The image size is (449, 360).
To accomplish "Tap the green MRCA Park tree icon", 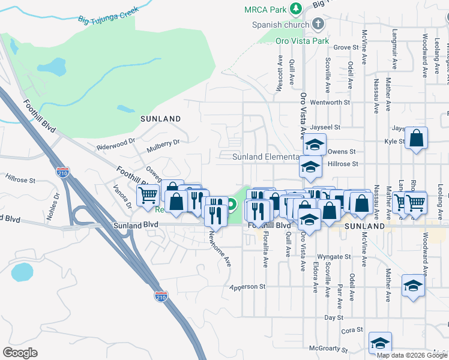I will click(x=295, y=9).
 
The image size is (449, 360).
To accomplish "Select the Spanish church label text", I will click(x=280, y=25).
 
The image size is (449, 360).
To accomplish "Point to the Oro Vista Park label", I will click(x=302, y=41).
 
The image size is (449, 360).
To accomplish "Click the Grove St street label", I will click(x=346, y=47).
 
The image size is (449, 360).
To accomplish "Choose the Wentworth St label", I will click(x=330, y=103).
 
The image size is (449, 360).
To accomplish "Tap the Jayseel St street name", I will click(x=325, y=127).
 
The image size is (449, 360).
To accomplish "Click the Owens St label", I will click(x=342, y=152).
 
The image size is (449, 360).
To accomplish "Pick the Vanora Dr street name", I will click(x=122, y=196).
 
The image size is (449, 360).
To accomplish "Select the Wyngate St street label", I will click(x=333, y=257).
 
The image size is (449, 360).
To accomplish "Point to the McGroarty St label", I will click(x=328, y=349).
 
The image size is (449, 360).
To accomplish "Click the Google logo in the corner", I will click(x=20, y=352).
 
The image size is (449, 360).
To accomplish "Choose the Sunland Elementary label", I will click(x=266, y=157).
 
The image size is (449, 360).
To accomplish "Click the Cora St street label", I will click(x=352, y=329).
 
